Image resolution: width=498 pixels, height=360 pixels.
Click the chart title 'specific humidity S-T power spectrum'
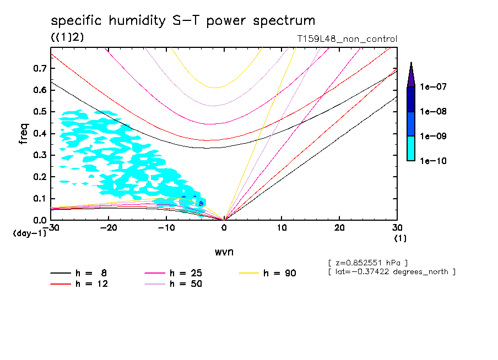point(183,21)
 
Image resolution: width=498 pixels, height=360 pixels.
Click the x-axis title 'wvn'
point(224,252)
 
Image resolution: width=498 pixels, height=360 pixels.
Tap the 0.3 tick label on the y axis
point(39,155)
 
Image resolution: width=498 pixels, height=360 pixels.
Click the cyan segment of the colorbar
point(411,149)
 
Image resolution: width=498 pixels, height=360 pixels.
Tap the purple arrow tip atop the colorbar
point(411,74)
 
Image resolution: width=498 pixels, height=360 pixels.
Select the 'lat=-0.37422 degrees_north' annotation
point(392,271)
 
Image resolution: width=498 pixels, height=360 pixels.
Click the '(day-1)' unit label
point(30,233)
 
